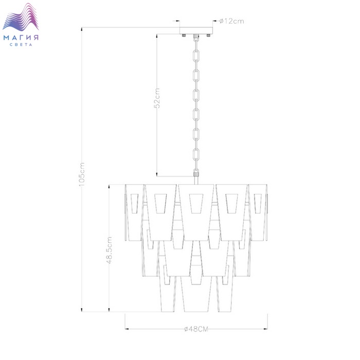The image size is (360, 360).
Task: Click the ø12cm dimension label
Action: (x=231, y=21)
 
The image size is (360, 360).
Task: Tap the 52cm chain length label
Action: (x=157, y=98)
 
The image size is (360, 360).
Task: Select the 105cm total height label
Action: (x=82, y=174)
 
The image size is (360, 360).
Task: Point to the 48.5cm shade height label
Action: (x=110, y=250)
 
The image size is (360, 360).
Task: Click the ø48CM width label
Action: (x=196, y=329)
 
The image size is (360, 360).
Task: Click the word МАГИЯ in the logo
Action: (x=21, y=38)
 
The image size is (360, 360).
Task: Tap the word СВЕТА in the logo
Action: (x=21, y=45)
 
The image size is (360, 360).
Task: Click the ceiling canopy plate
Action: (x=196, y=30)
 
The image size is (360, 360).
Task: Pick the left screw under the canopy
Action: (x=184, y=35)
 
